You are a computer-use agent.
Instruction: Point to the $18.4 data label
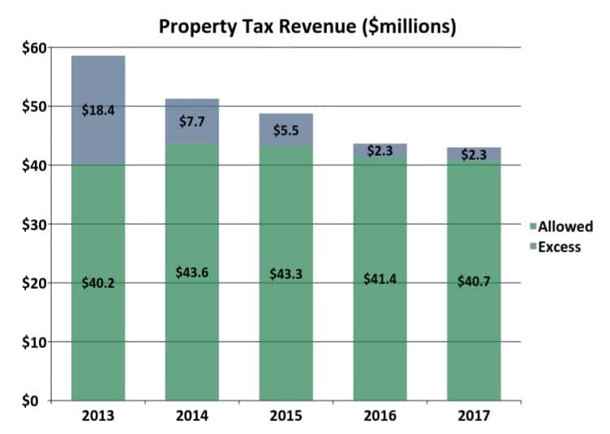[97, 110]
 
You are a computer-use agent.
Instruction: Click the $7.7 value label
[191, 122]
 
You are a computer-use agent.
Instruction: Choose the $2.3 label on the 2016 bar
[379, 150]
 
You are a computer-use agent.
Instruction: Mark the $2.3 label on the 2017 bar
[473, 155]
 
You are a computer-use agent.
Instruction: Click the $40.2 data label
[97, 282]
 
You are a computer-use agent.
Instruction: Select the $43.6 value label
[191, 273]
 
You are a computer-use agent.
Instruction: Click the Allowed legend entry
[560, 226]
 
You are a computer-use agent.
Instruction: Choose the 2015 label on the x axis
[286, 417]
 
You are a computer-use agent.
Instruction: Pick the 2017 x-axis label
[473, 417]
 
